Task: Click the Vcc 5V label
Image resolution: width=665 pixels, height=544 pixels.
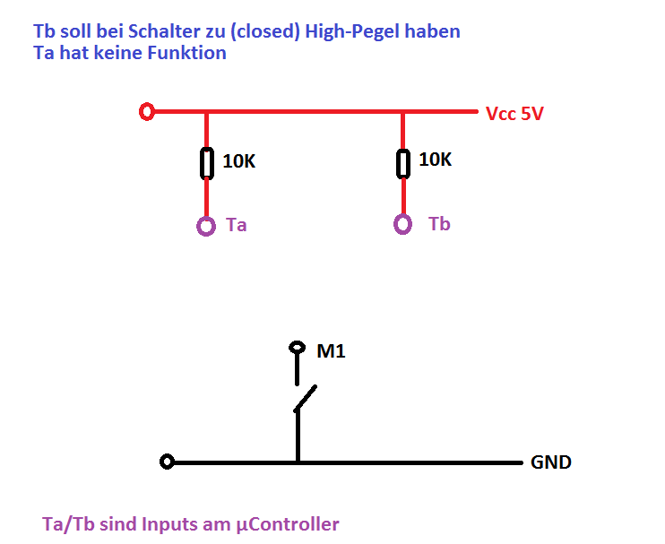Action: tap(514, 115)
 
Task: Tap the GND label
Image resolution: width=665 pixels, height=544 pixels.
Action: tap(551, 463)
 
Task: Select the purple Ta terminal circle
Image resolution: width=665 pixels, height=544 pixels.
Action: tap(206, 226)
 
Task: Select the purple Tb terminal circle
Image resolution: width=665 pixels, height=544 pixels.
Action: tap(403, 224)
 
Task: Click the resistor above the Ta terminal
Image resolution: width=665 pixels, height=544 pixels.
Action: tap(206, 163)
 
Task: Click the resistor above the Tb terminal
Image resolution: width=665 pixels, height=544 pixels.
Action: tap(403, 162)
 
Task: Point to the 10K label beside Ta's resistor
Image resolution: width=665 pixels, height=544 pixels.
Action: tap(239, 162)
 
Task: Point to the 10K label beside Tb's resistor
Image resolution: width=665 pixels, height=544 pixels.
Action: tap(436, 160)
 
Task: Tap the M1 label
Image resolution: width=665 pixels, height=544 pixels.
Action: tap(332, 351)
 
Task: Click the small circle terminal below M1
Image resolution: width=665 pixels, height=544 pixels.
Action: tap(297, 348)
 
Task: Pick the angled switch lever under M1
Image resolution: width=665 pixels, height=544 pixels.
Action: tap(306, 399)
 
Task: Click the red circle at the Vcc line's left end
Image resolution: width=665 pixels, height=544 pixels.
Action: tap(148, 112)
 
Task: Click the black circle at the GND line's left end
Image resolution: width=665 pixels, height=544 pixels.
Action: tap(166, 462)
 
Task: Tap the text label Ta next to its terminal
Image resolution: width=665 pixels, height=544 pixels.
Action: tap(237, 225)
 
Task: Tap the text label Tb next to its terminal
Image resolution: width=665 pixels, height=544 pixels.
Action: tap(439, 224)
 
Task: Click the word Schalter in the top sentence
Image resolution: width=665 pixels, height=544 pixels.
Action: tap(163, 32)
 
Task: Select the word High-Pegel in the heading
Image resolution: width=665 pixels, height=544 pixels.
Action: tap(350, 32)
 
